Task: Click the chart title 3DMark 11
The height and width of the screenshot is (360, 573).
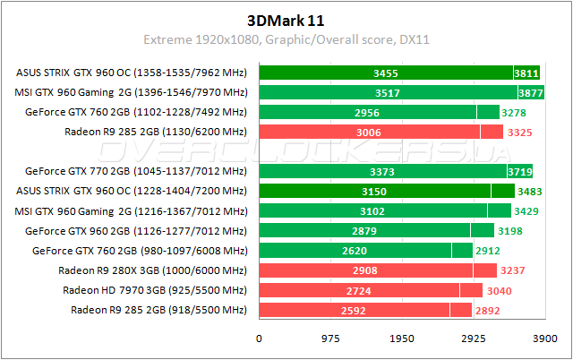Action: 286,20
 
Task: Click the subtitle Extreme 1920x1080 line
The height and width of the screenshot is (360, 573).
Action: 286,41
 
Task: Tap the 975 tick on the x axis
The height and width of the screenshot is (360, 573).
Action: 330,339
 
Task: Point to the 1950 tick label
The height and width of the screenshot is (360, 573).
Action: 402,339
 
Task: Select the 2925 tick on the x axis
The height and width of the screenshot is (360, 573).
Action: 474,339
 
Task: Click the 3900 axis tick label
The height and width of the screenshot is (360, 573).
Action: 544,339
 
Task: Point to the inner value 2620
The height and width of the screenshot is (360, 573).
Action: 355,251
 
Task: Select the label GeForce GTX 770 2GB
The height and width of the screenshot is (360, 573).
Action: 136,171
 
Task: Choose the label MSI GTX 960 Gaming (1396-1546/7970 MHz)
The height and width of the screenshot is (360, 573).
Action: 131,92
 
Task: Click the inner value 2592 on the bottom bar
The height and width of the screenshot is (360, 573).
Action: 354,310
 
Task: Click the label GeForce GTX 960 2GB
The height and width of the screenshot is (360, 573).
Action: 136,231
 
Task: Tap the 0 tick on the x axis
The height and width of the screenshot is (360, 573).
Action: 260,339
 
